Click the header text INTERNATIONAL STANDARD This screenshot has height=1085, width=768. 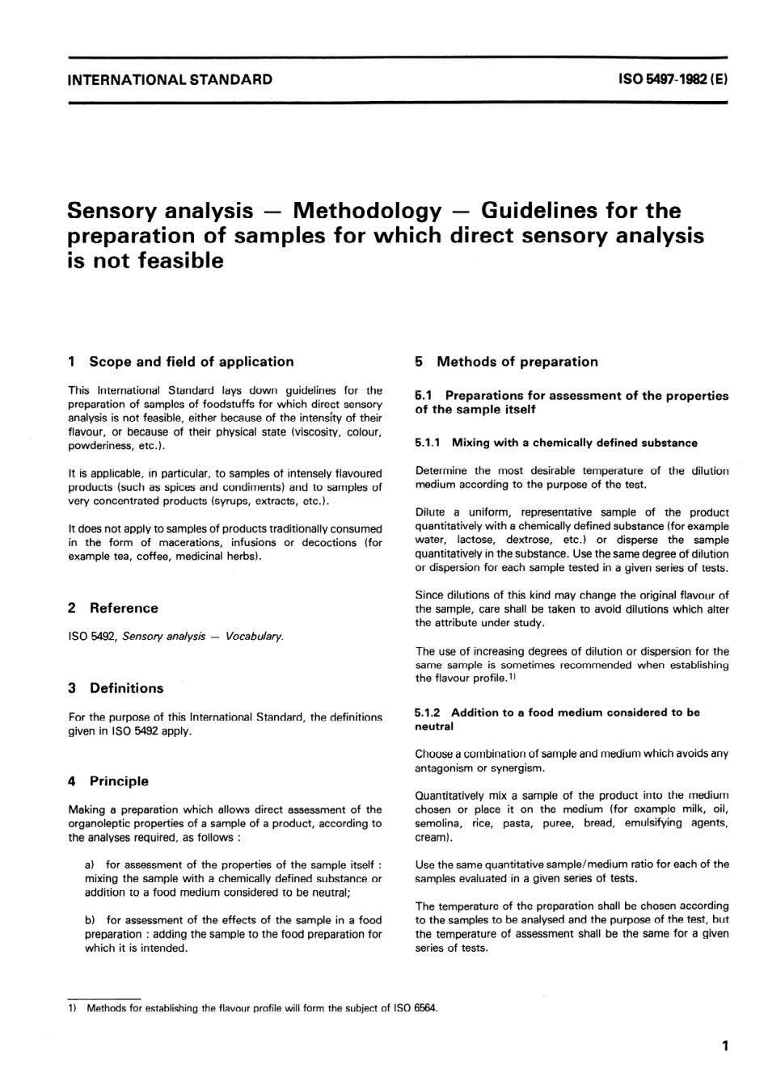tap(170, 80)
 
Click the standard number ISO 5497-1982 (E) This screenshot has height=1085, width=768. tap(673, 80)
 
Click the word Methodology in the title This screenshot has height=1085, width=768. tap(367, 212)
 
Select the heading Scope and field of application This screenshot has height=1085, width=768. tap(191, 362)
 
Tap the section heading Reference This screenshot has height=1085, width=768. tap(124, 608)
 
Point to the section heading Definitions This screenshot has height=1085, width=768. tap(126, 688)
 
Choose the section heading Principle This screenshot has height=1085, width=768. tap(119, 781)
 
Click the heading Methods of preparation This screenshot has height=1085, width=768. tap(517, 362)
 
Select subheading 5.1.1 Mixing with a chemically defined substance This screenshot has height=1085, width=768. tap(556, 443)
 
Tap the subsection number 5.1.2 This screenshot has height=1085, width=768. tap(428, 713)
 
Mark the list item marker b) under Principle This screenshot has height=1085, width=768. tap(90, 920)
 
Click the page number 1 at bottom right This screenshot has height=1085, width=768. tap(725, 1047)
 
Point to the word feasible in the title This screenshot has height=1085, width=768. tap(174, 262)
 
